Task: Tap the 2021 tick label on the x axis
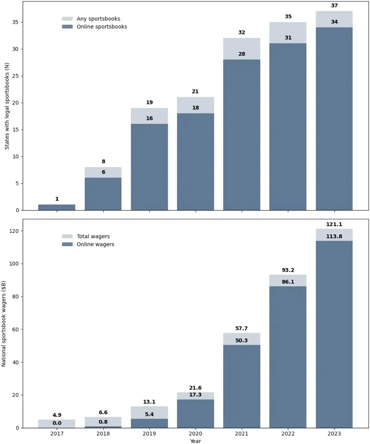coord(241,433)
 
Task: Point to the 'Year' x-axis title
coord(195,441)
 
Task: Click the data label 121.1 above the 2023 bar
coord(334,224)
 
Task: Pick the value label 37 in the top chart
coord(334,6)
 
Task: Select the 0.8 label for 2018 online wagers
coord(103,422)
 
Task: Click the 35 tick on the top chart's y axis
coord(16,22)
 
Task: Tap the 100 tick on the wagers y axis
coord(14,264)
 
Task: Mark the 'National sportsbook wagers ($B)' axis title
coord(4,324)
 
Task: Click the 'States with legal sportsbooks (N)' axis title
coord(7,106)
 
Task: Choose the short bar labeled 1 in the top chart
coord(57,207)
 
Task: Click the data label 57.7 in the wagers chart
coord(241,328)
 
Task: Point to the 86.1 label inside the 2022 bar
coord(288,282)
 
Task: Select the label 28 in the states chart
coord(242,54)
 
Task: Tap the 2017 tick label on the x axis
coord(57,433)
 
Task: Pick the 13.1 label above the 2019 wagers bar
coord(149,402)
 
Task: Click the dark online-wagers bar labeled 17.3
coord(195,413)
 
